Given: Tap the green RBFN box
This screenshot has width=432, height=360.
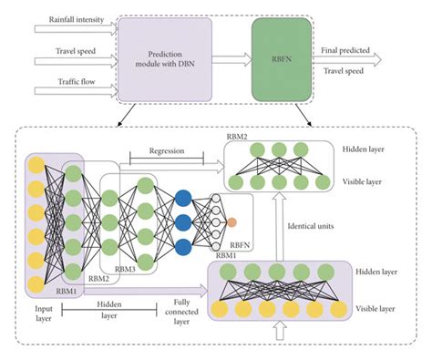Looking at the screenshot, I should (x=282, y=57).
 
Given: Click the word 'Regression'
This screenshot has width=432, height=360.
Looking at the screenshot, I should (x=164, y=148).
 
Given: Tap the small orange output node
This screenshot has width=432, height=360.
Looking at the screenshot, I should (x=234, y=221).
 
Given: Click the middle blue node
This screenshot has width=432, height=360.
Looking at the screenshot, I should (x=183, y=221).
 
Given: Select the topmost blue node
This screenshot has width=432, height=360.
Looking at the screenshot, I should (x=183, y=195).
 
